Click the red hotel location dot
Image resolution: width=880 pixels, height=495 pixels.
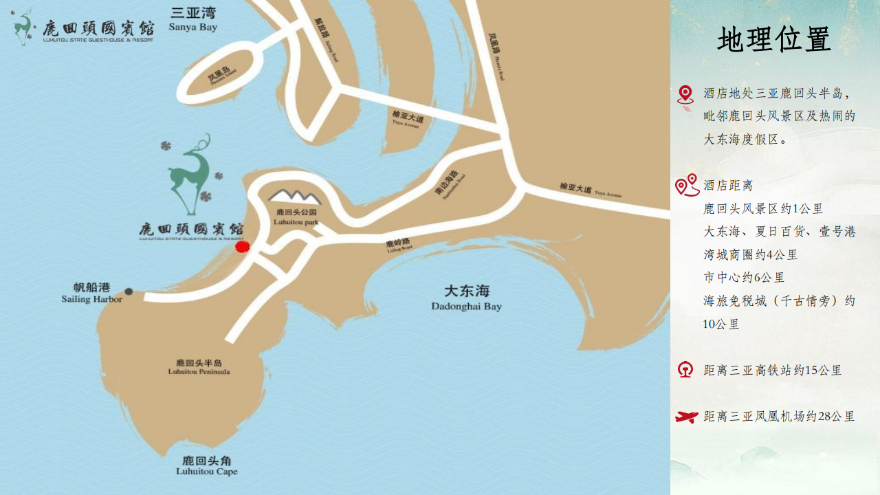pos(241,247)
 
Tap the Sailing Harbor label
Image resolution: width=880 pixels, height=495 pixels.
pos(92,294)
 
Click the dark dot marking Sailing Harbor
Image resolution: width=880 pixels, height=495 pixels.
pos(129,291)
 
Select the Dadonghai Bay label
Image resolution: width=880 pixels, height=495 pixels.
pos(466,298)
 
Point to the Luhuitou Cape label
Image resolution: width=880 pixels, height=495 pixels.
pos(206,465)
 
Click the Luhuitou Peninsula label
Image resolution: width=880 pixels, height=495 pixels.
pos(199,367)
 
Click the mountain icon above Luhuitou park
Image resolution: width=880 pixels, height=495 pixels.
pos(294,196)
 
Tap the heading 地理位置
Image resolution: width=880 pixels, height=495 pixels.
pos(774,39)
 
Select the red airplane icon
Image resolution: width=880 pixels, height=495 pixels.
pos(686,417)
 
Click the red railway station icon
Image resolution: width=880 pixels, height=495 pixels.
pos(685,370)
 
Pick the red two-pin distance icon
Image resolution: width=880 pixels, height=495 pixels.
pos(687,185)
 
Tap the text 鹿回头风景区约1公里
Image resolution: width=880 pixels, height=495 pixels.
pos(763,209)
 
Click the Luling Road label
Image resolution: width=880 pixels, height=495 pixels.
pos(397,244)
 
